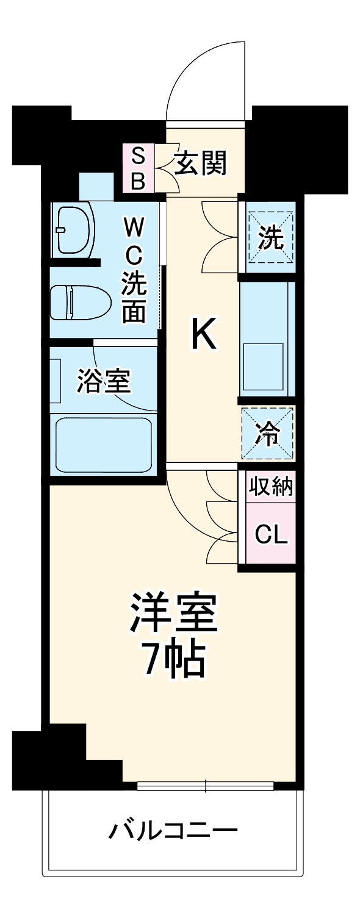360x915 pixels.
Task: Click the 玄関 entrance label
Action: click(201, 163)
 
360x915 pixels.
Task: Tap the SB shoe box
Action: click(139, 168)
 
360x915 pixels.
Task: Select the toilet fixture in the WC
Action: click(79, 302)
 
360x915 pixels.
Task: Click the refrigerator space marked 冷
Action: click(268, 434)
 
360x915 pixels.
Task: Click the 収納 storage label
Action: click(270, 487)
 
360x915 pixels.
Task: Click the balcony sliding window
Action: click(206, 786)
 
